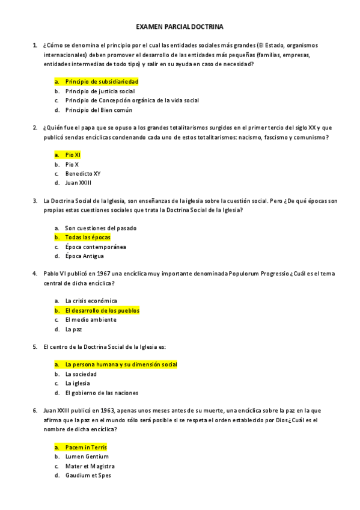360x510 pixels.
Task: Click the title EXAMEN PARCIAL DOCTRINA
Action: tap(180, 27)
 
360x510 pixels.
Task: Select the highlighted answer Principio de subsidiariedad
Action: tap(102, 81)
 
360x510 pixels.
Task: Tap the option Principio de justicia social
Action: tap(100, 91)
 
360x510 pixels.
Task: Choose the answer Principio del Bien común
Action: tap(99, 110)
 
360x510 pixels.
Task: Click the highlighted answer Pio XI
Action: tap(73, 155)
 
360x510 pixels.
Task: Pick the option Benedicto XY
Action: tap(83, 173)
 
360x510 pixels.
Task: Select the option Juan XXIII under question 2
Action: tap(78, 183)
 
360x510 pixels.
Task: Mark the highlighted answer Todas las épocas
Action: tap(88, 237)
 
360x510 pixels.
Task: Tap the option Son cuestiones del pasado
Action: tap(100, 228)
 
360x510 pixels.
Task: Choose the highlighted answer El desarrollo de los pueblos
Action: tap(102, 310)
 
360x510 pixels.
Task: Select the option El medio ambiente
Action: tap(91, 319)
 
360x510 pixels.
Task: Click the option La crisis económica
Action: tap(91, 301)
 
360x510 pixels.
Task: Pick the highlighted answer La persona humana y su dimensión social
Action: tap(121, 364)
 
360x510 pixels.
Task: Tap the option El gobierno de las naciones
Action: tap(102, 393)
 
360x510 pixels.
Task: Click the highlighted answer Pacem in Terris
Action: tap(86, 447)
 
